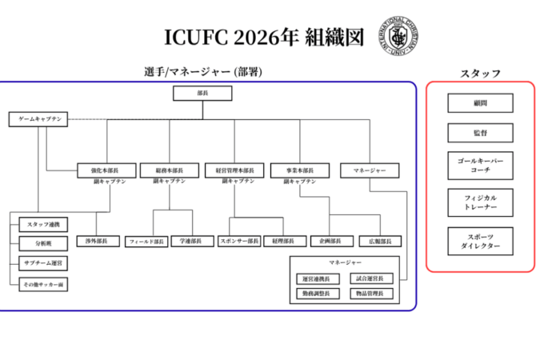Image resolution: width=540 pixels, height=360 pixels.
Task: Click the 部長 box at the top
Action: [202, 94]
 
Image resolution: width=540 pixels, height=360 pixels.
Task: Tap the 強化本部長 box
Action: [105, 170]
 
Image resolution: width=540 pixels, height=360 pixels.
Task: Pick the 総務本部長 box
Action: [169, 170]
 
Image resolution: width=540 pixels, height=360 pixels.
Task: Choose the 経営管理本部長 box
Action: [234, 170]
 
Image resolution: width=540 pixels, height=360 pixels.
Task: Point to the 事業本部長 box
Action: [298, 170]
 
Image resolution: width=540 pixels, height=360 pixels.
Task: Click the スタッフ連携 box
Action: [44, 223]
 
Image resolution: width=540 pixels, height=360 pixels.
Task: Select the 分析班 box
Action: [44, 242]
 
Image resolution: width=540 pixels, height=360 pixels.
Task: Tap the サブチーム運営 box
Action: [44, 262]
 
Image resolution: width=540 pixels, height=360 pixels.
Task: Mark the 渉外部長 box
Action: [97, 241]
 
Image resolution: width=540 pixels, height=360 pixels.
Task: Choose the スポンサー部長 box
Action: [239, 241]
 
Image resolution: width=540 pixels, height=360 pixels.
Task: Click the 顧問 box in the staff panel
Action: [480, 103]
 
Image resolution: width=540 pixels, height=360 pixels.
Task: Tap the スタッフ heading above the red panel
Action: [480, 74]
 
